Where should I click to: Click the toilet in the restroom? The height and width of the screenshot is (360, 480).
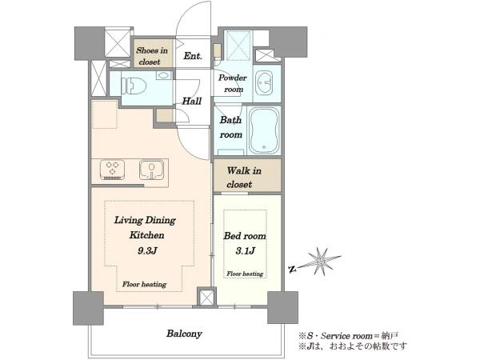pos(133,86)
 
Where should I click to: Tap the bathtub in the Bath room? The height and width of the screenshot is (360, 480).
pos(264,130)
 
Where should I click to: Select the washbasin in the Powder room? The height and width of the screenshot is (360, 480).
pos(264,82)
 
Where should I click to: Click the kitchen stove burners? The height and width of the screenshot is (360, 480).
pos(112,169)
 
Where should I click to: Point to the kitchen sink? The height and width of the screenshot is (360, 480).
pos(151,170)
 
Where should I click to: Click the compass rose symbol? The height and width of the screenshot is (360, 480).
pos(320,261)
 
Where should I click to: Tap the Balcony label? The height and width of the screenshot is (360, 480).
pos(184,334)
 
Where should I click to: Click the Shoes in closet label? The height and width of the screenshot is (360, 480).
pos(152,56)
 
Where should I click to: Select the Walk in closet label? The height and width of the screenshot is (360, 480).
pos(244,178)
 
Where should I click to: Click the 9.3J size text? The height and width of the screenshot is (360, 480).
pos(147,251)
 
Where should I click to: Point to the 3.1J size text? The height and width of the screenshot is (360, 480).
pos(246,251)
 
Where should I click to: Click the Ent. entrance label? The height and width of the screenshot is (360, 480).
pos(193,56)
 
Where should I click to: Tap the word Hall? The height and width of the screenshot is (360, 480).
pos(192,101)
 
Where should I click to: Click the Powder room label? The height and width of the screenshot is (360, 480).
pos(233,83)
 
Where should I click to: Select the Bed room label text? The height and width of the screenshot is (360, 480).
pos(245,236)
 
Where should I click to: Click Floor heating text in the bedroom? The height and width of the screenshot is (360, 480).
pos(245,274)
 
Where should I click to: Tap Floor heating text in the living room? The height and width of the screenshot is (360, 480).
pos(144,284)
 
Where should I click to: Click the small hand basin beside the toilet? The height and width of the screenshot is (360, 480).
pos(165,75)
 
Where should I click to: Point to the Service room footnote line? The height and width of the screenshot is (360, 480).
pos(349,336)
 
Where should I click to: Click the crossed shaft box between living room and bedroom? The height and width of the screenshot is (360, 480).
pos(206,297)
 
